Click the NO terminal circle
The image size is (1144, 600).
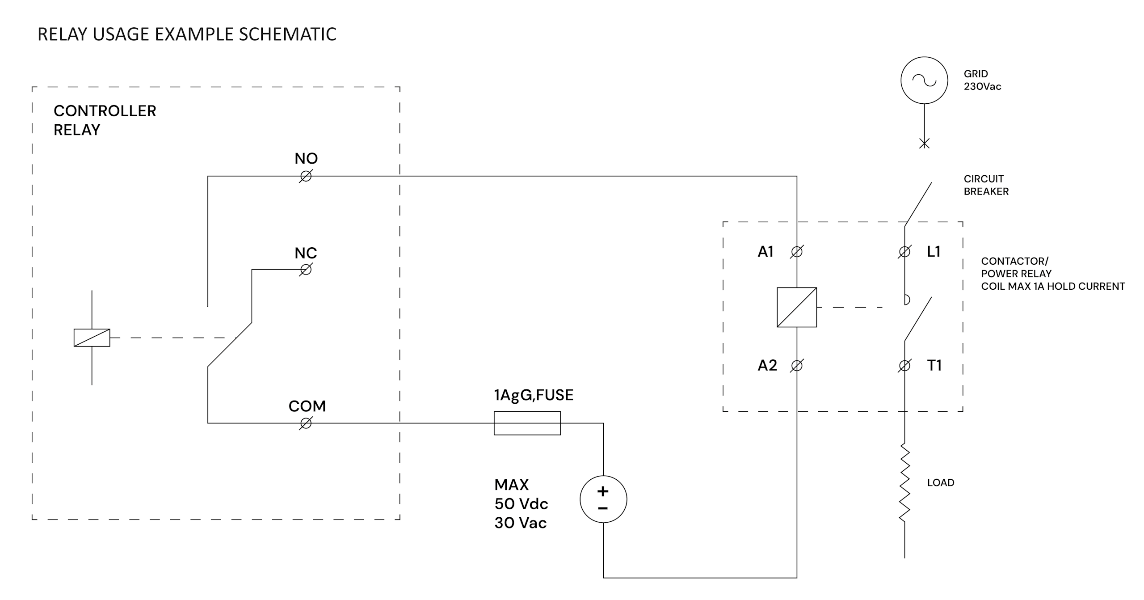[306, 177]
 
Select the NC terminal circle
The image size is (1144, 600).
[306, 270]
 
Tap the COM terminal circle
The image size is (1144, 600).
[306, 423]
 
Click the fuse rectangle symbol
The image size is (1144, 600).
[527, 423]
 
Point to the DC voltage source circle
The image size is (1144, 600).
[603, 499]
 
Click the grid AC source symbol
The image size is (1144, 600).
[924, 80]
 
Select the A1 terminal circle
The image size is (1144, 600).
[797, 252]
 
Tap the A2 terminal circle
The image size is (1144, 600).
[797, 366]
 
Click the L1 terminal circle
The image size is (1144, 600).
[904, 252]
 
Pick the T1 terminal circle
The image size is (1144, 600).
[904, 366]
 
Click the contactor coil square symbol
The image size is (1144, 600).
[797, 307]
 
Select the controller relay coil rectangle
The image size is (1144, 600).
[92, 338]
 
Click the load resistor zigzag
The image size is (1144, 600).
[905, 483]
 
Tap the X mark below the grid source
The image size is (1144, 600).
[924, 144]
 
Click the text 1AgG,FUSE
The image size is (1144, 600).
[534, 395]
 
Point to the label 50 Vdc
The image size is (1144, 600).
[521, 504]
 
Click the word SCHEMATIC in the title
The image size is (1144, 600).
[287, 34]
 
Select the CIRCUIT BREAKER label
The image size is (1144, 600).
[986, 185]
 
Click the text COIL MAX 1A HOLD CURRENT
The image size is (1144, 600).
[1053, 286]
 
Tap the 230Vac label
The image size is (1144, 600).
[982, 87]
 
